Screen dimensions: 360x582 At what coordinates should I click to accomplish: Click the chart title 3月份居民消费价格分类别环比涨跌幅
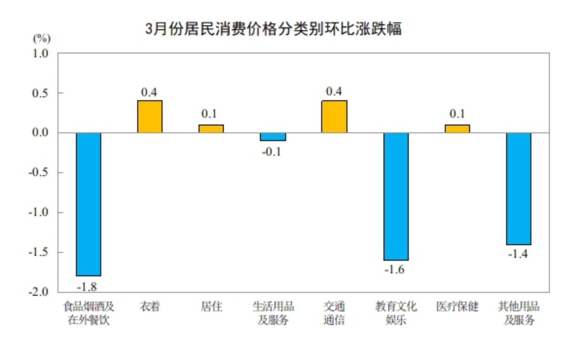coord(273,29)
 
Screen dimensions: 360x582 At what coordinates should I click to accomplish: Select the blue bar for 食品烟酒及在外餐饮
coord(88,204)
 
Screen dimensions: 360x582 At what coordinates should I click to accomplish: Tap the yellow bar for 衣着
coord(150,117)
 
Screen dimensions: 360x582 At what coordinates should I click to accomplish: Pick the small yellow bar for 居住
coord(211,129)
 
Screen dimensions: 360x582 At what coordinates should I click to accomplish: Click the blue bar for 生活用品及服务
coord(273,137)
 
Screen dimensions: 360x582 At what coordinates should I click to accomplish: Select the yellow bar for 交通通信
coord(334,117)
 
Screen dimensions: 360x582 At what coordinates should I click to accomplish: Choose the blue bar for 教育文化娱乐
coord(396,196)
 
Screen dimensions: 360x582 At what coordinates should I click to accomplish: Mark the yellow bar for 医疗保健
coord(457,129)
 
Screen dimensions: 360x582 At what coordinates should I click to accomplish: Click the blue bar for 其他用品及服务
coord(519,189)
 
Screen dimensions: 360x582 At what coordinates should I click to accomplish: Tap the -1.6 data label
coord(394,269)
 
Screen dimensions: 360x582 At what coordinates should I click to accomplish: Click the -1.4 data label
coord(518,254)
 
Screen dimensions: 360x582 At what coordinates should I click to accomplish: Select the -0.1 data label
coord(271,152)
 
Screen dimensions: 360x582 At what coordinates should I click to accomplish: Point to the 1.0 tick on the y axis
coord(40,53)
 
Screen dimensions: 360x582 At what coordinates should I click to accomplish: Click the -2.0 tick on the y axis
coord(39,292)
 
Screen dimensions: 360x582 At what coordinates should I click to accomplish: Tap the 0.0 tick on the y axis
coord(40,133)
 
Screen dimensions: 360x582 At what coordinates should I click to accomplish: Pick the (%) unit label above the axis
coord(42,39)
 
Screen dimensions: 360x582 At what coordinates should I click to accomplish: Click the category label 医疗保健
coord(457,306)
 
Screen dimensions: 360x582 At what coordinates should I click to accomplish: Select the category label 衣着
coord(150,306)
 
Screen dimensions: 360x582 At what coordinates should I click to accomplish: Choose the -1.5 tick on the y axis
coord(39,252)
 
